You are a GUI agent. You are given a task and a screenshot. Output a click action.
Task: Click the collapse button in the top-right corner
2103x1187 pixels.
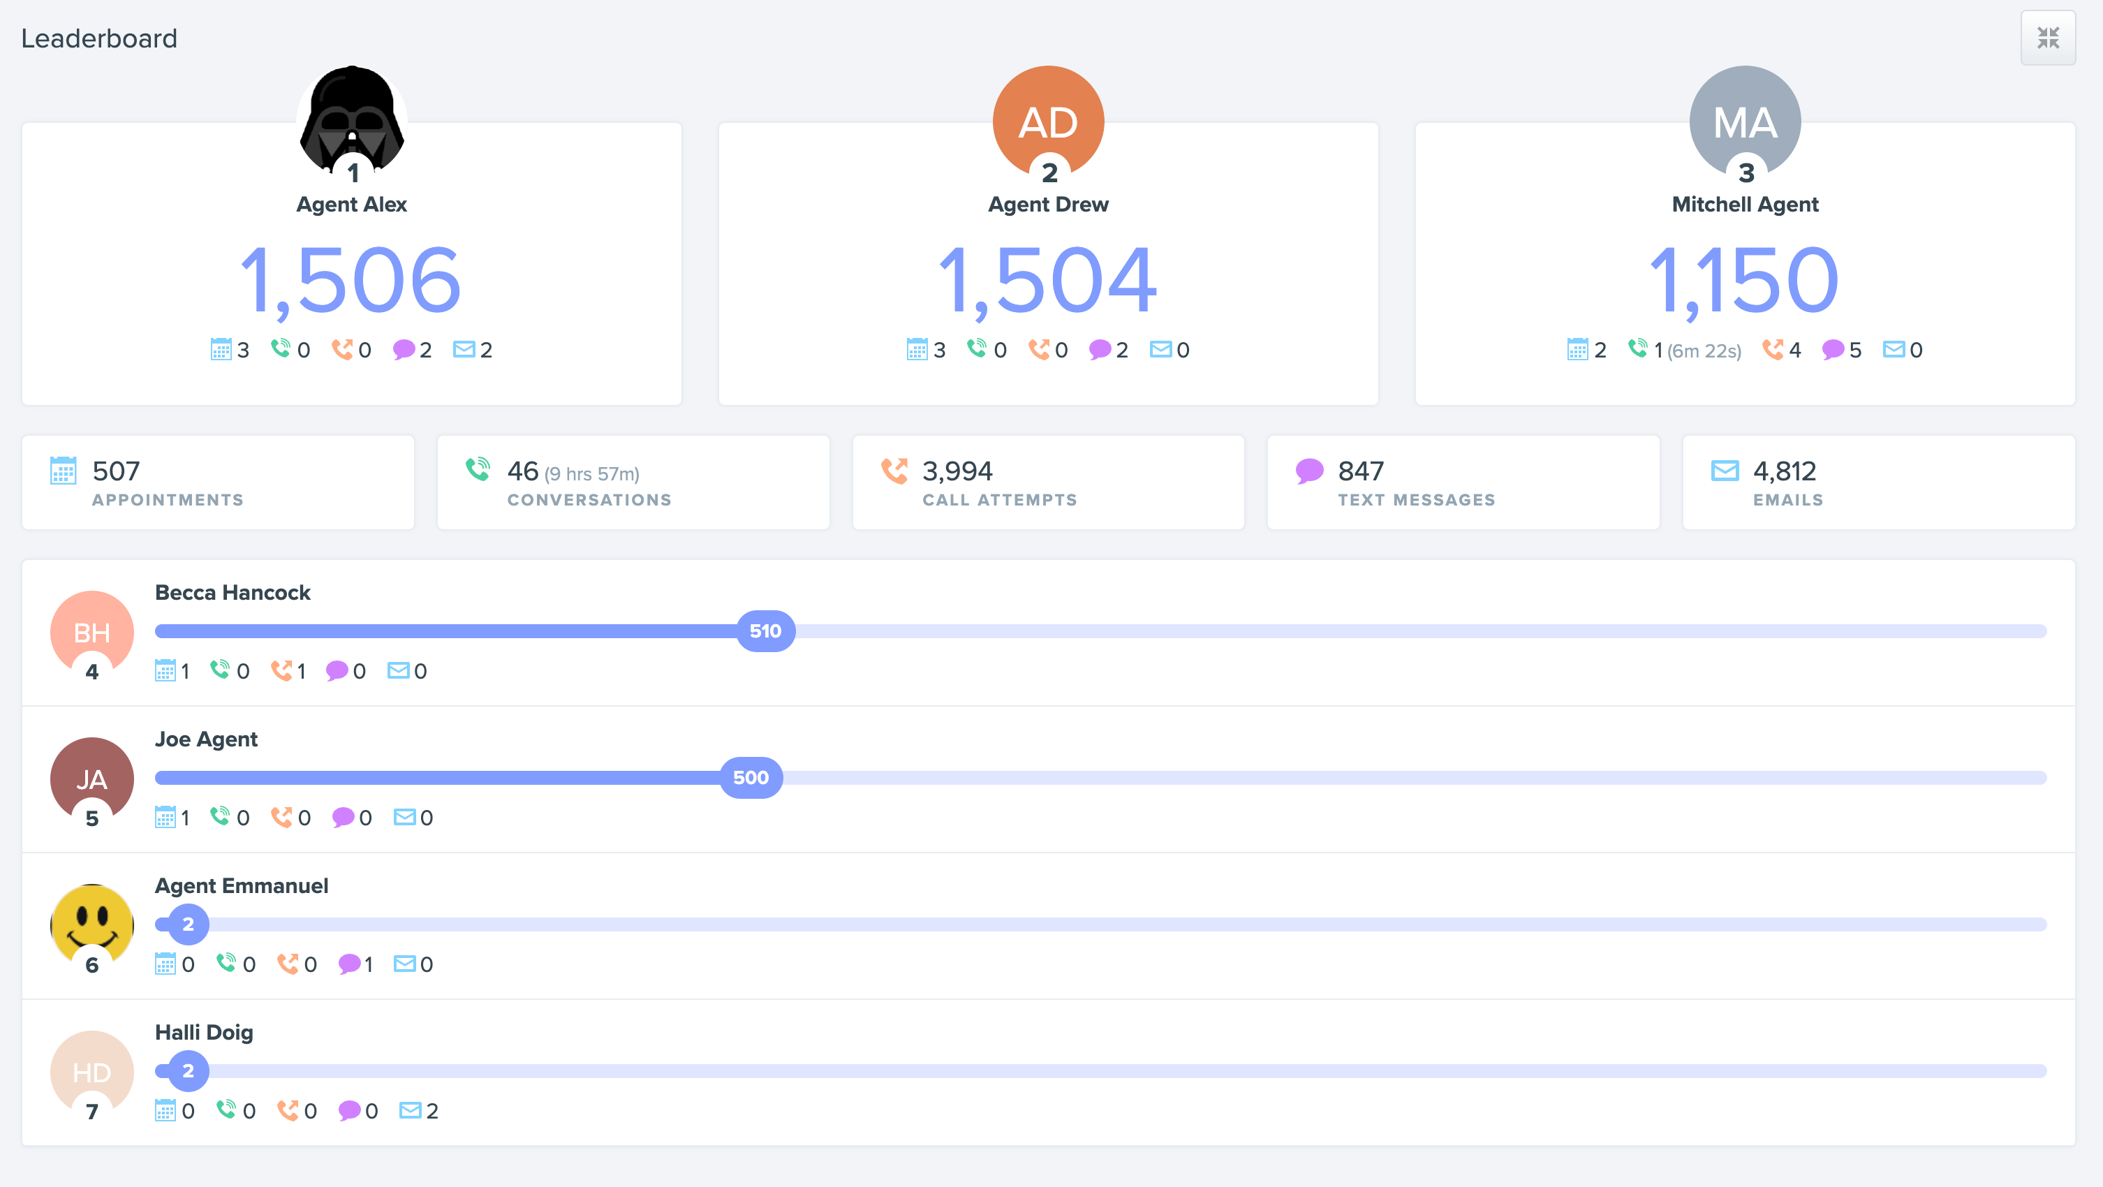pyautogui.click(x=2047, y=38)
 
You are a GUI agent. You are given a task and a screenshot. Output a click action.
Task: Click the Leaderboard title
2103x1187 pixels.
pyautogui.click(x=98, y=38)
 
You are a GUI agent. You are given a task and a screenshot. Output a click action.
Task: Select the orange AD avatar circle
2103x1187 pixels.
pyautogui.click(x=1048, y=119)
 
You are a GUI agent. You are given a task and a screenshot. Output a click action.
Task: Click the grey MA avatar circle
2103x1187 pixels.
pyautogui.click(x=1745, y=119)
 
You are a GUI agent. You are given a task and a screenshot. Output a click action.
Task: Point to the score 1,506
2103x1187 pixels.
pyautogui.click(x=351, y=280)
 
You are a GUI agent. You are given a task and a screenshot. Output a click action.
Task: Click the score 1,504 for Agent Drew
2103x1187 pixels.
pyautogui.click(x=1048, y=280)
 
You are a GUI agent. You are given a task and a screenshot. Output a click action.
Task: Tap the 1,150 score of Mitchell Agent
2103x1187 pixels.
pyautogui.click(x=1745, y=280)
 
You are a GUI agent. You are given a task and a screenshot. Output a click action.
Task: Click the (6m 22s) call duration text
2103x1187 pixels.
pyautogui.click(x=1704, y=351)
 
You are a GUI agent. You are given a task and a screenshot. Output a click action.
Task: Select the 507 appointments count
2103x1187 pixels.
pyautogui.click(x=116, y=471)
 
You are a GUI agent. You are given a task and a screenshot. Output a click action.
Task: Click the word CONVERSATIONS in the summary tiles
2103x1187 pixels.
pyautogui.click(x=589, y=500)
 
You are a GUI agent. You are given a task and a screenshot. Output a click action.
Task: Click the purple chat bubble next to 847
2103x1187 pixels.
pyautogui.click(x=1309, y=471)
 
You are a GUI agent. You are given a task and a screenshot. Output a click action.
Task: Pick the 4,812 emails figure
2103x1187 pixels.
pyautogui.click(x=1785, y=471)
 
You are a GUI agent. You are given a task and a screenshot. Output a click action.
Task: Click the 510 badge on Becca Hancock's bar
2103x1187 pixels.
pyautogui.click(x=765, y=631)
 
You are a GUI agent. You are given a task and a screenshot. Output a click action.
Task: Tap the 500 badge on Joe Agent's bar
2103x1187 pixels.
pyautogui.click(x=751, y=777)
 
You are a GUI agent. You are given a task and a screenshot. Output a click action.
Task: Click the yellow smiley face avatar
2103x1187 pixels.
pyautogui.click(x=92, y=922)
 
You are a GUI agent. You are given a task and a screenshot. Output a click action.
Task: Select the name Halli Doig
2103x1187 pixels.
pyautogui.click(x=204, y=1032)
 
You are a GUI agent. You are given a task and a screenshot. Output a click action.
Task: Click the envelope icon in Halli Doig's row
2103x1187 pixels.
pyautogui.click(x=411, y=1110)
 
